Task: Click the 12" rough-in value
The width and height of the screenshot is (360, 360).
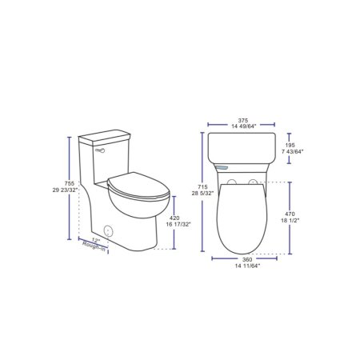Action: pos(95,239)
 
